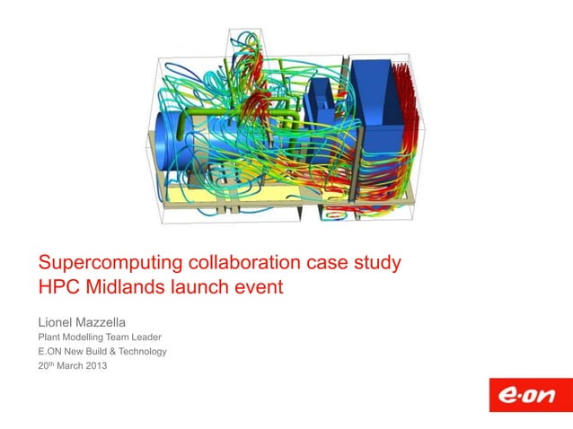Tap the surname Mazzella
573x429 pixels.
[x=119, y=319]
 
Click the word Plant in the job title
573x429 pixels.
[x=48, y=337]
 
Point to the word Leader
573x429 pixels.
[x=144, y=337]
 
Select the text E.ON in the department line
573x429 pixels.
[x=50, y=351]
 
